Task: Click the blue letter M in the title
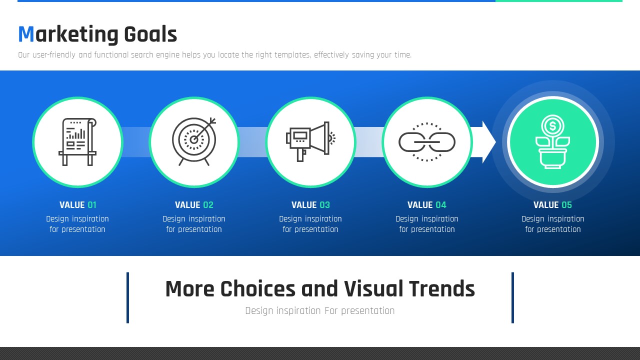(26, 34)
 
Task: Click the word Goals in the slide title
(150, 34)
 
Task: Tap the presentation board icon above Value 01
(77, 141)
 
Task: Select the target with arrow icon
(194, 141)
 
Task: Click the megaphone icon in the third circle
(310, 141)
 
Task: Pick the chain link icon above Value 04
(427, 142)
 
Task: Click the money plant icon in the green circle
(552, 141)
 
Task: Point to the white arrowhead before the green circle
(489, 142)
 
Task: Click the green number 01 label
(92, 205)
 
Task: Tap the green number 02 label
(208, 205)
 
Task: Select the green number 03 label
(324, 205)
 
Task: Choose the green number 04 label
(441, 205)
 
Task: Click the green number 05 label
(566, 205)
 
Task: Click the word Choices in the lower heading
(257, 289)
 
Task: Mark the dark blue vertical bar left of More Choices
(127, 297)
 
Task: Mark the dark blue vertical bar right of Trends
(512, 297)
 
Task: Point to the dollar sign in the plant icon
(552, 126)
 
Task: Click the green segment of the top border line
(559, 1)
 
